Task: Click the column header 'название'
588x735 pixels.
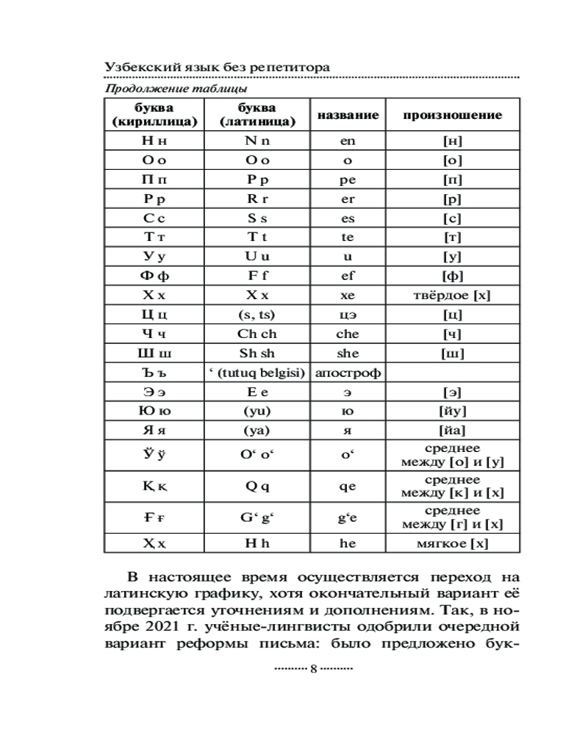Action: (348, 115)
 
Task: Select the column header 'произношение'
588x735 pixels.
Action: (453, 115)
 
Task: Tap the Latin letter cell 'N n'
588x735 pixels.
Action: (257, 141)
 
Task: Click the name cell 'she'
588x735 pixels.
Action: (348, 353)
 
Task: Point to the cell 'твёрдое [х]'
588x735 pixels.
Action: (453, 295)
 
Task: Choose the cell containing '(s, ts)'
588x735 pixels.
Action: (257, 315)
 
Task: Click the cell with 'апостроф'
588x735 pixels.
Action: (348, 373)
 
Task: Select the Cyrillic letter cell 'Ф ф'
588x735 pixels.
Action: (154, 276)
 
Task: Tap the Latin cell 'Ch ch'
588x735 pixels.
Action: (257, 334)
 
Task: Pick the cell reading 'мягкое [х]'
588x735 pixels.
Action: (453, 544)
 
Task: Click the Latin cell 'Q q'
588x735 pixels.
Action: (257, 486)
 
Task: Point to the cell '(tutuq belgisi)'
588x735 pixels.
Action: (257, 373)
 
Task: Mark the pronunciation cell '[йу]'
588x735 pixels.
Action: (453, 411)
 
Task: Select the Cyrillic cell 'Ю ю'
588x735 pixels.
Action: (154, 411)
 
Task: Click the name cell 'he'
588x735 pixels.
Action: (348, 544)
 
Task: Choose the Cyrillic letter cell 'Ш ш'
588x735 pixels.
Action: (154, 353)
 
